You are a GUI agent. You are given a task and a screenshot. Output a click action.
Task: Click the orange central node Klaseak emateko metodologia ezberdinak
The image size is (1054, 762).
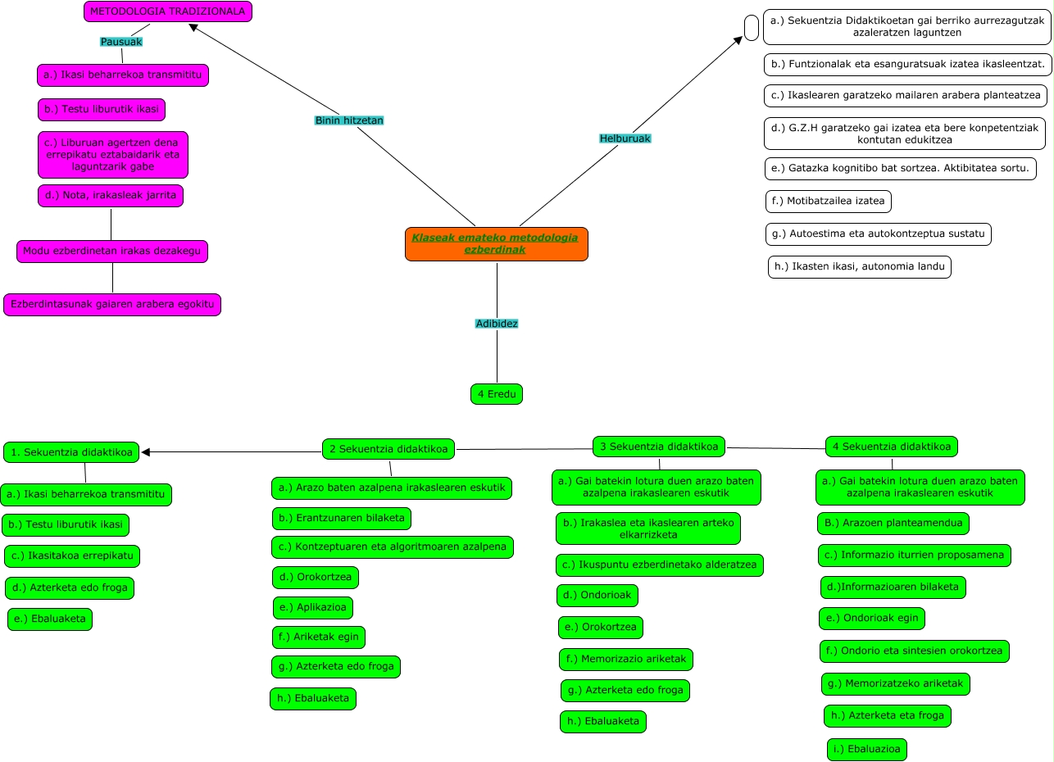click(496, 243)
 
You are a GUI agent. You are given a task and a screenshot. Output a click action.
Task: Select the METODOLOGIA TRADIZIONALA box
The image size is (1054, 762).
click(167, 11)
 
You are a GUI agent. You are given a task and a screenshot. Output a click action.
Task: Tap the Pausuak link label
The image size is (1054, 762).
click(121, 42)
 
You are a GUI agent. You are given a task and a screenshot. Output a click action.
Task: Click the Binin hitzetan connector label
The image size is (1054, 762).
click(349, 120)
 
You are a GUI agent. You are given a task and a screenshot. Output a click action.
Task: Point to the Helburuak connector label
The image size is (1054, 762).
click(625, 138)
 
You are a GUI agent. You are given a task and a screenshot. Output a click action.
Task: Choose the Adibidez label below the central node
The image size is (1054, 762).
click(497, 324)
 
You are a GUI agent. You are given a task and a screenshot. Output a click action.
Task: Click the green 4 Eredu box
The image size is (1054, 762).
click(497, 394)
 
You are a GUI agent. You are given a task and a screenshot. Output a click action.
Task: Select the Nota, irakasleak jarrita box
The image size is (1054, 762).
click(111, 196)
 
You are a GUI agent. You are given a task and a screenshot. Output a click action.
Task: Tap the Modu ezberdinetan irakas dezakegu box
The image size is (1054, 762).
click(112, 252)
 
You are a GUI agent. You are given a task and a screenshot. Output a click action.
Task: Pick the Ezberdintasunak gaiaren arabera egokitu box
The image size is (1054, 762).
click(112, 305)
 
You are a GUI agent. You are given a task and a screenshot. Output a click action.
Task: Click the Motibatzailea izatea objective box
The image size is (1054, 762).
click(828, 201)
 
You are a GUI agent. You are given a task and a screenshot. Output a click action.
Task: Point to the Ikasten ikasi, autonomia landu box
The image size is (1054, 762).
click(859, 267)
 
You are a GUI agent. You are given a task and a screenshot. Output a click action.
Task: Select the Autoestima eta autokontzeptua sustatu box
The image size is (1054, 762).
click(879, 234)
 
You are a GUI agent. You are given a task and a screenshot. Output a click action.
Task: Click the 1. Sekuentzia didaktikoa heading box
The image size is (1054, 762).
click(71, 452)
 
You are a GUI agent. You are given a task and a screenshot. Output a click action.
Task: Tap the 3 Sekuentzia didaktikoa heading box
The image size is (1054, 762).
click(659, 447)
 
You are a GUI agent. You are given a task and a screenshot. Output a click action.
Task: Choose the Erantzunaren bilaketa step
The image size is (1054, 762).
click(341, 519)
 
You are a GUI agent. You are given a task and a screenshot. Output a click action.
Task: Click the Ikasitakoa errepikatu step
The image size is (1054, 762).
click(72, 556)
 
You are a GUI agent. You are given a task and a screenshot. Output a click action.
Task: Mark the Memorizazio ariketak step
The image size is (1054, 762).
click(626, 659)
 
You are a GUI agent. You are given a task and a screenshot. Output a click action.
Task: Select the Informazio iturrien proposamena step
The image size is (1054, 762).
click(914, 556)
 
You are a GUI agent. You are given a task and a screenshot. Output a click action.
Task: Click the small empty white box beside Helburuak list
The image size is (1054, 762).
click(752, 27)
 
